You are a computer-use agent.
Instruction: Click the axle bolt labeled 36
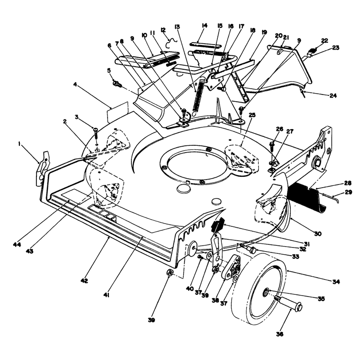click(x=288, y=302)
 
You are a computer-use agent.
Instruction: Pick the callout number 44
click(x=17, y=244)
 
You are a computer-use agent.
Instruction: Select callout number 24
click(x=333, y=95)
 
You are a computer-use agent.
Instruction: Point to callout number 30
click(x=318, y=234)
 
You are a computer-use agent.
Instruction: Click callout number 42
click(x=84, y=280)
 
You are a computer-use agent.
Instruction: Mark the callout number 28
click(x=348, y=183)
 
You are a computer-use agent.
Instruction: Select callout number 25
click(x=252, y=115)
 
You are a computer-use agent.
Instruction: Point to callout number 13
click(x=177, y=27)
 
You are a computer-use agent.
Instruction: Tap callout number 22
click(x=324, y=40)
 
